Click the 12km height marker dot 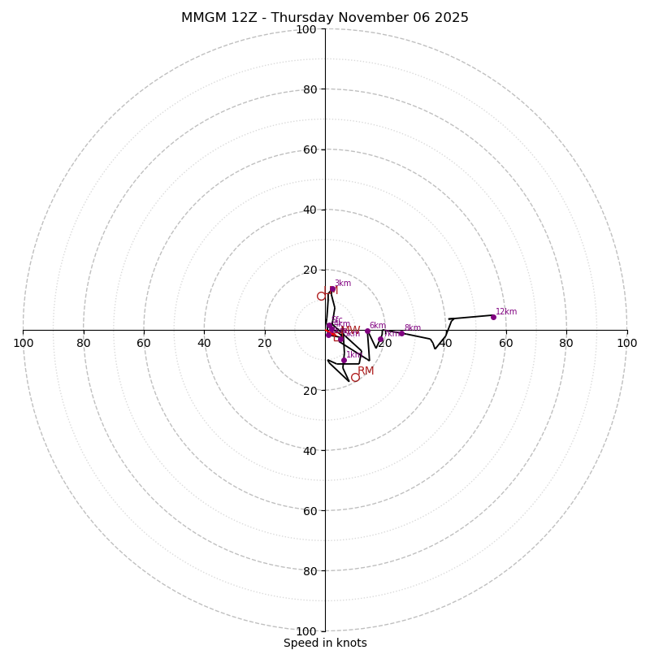click(x=493, y=317)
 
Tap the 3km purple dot click(x=332, y=288)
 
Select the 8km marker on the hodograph click(x=401, y=333)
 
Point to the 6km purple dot click(x=367, y=331)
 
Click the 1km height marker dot click(x=344, y=360)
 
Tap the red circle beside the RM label click(x=355, y=377)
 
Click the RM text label click(x=366, y=371)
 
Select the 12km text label click(x=506, y=312)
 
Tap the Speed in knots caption click(x=325, y=643)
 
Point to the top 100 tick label click(x=306, y=30)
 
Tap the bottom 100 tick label click(x=306, y=631)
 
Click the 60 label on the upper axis click(x=309, y=149)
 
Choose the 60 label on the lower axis click(x=309, y=511)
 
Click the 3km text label click(x=343, y=284)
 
